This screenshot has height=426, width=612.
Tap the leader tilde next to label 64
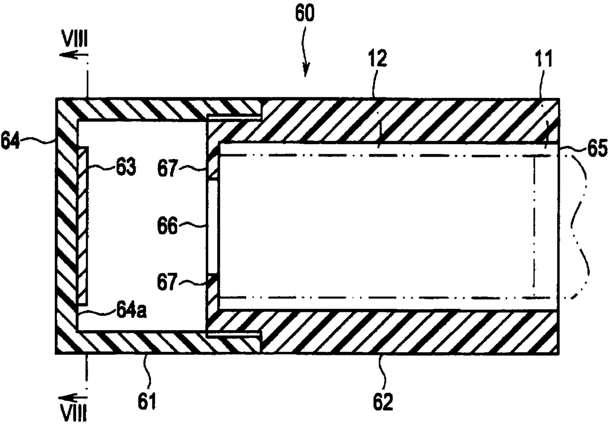[x=42, y=142]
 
